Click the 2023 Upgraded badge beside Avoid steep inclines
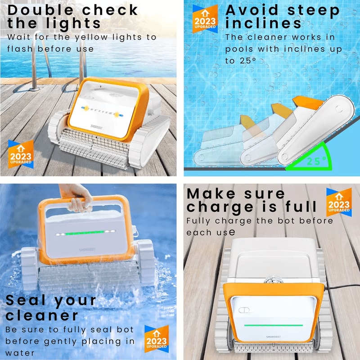[205, 19]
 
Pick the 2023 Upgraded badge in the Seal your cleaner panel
[156, 339]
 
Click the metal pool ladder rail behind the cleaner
[81, 58]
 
